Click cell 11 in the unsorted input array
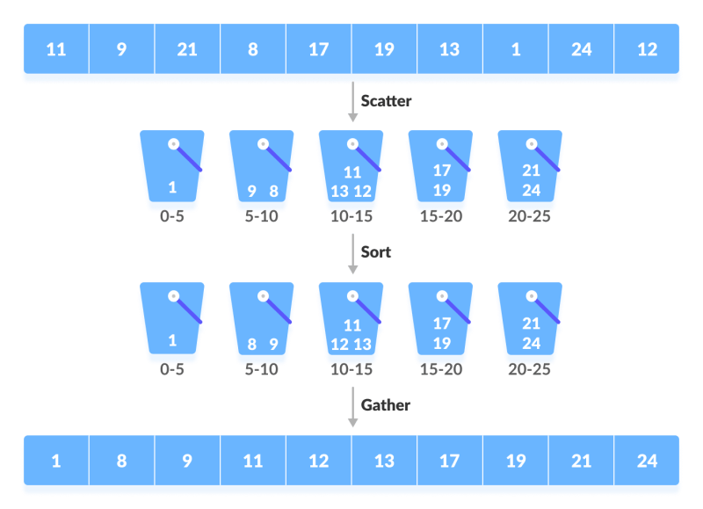(x=55, y=49)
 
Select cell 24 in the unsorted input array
(x=581, y=49)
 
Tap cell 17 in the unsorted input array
(x=318, y=49)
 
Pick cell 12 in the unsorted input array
(x=647, y=49)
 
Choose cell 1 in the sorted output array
(x=55, y=461)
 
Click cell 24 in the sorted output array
(x=647, y=461)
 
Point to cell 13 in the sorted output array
(x=384, y=461)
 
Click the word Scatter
(x=386, y=101)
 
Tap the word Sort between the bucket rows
(x=376, y=252)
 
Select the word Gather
(x=385, y=405)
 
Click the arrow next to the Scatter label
(x=352, y=104)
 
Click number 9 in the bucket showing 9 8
(x=251, y=191)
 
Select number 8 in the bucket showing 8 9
(x=251, y=345)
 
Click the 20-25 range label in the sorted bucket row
(x=529, y=369)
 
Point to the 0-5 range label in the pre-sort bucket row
(x=172, y=216)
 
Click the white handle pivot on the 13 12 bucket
(x=351, y=143)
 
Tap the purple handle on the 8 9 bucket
(x=281, y=311)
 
